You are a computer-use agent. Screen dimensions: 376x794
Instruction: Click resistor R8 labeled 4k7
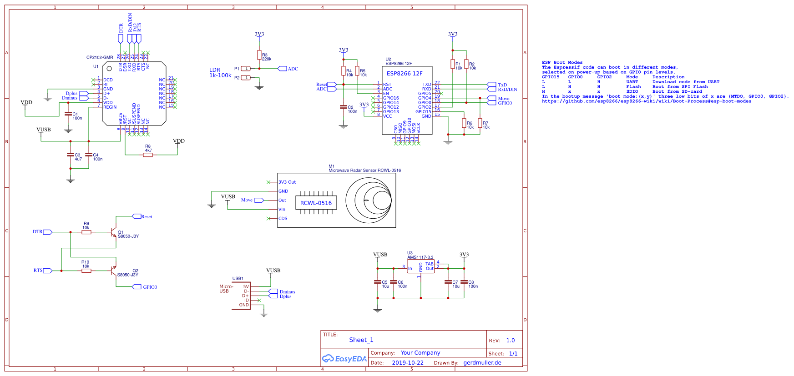pyautogui.click(x=148, y=155)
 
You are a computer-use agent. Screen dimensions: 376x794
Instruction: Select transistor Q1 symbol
pyautogui.click(x=114, y=232)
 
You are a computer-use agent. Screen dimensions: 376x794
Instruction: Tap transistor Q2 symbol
pyautogui.click(x=114, y=271)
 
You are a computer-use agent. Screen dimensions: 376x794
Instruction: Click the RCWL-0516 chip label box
pyautogui.click(x=316, y=203)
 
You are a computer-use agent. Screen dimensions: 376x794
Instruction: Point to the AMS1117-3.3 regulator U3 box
pyautogui.click(x=421, y=266)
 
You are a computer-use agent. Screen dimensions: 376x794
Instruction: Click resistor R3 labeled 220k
pyautogui.click(x=259, y=55)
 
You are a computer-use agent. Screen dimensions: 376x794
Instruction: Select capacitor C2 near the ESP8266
pyautogui.click(x=344, y=107)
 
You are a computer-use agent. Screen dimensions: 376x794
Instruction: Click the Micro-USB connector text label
pyautogui.click(x=226, y=289)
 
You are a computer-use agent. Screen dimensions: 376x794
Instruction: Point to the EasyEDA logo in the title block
pyautogui.click(x=344, y=359)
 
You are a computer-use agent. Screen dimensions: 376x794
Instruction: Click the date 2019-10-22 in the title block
pyautogui.click(x=407, y=363)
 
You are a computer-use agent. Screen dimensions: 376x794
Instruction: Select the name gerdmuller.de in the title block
pyautogui.click(x=482, y=363)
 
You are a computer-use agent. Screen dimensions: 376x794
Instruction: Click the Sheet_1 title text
pyautogui.click(x=361, y=340)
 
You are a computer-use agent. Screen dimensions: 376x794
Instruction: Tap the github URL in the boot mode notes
pyautogui.click(x=646, y=101)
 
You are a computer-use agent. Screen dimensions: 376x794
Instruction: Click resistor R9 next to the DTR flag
pyautogui.click(x=86, y=232)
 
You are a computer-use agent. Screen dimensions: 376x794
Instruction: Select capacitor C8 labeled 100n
pyautogui.click(x=464, y=282)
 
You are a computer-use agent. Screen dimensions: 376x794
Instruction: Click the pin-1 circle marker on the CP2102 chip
pyautogui.click(x=109, y=69)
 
